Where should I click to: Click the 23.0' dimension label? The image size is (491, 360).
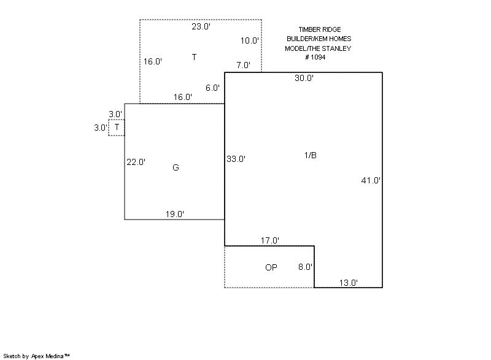(x=201, y=26)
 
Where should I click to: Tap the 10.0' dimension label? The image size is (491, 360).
(x=250, y=40)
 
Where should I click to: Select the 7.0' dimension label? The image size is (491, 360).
(x=243, y=65)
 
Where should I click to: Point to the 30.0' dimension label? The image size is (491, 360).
(x=304, y=78)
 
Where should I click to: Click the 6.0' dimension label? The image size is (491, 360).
(x=212, y=88)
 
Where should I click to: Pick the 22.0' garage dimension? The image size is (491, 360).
(x=136, y=162)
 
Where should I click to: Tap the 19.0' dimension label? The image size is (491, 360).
(x=175, y=214)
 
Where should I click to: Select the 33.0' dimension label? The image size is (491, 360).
(x=236, y=159)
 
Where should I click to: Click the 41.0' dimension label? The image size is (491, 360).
(x=371, y=180)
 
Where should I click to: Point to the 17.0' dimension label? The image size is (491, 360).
(x=270, y=240)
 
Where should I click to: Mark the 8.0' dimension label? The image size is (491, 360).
(x=305, y=267)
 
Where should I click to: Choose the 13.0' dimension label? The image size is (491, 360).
(x=349, y=283)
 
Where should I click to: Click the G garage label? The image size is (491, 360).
(x=176, y=167)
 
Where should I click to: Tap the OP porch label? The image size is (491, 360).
(x=271, y=267)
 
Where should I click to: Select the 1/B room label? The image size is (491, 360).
(x=311, y=155)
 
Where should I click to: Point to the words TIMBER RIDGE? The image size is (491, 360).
(x=320, y=29)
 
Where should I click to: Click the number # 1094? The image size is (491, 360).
(x=315, y=57)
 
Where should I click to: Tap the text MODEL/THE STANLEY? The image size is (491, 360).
(x=318, y=48)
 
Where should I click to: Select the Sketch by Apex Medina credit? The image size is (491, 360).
(x=36, y=356)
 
